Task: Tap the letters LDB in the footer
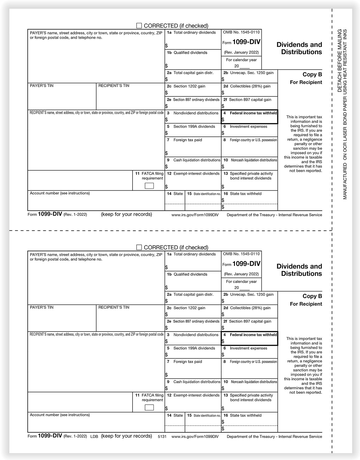[x=94, y=437]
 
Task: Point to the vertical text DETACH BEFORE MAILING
[x=340, y=61]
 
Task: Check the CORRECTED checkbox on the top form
[x=139, y=26]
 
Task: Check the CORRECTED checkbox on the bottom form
[x=139, y=248]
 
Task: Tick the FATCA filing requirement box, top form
[x=149, y=186]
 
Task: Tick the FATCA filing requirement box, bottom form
[x=149, y=408]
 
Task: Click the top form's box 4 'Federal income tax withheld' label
[x=253, y=113]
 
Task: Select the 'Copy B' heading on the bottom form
[x=312, y=296]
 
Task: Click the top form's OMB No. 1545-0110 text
[x=241, y=32]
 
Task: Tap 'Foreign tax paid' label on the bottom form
[x=188, y=362]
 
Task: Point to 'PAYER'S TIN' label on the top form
[x=42, y=86]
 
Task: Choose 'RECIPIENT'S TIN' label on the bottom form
[x=114, y=307]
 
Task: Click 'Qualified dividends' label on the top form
[x=190, y=53]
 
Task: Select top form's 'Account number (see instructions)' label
[x=60, y=193]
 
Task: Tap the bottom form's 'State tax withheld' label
[x=245, y=415]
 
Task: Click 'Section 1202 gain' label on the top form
[x=189, y=86]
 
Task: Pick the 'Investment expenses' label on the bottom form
[x=248, y=348]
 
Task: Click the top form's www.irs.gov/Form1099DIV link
[x=195, y=215]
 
